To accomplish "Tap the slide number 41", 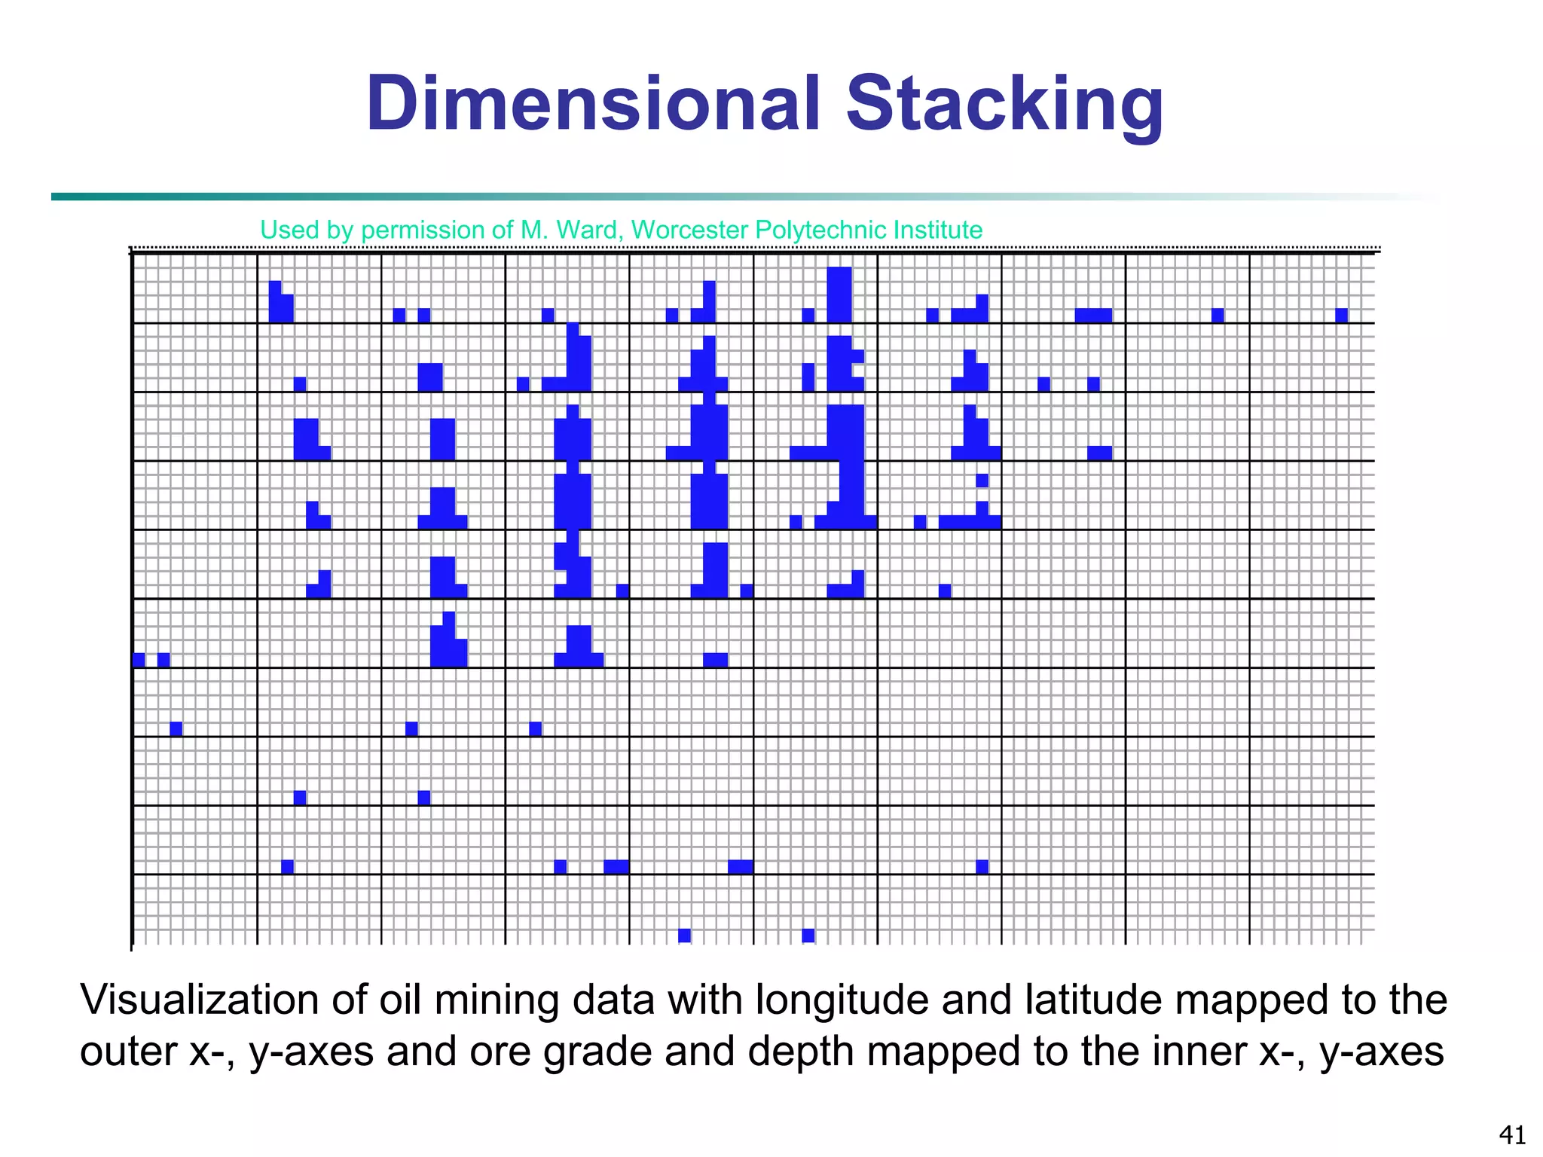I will click(1512, 1134).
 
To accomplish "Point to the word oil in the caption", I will click(399, 1000).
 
